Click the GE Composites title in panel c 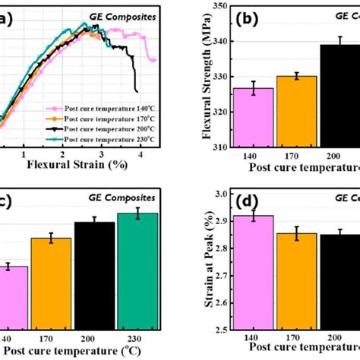click(x=117, y=197)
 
